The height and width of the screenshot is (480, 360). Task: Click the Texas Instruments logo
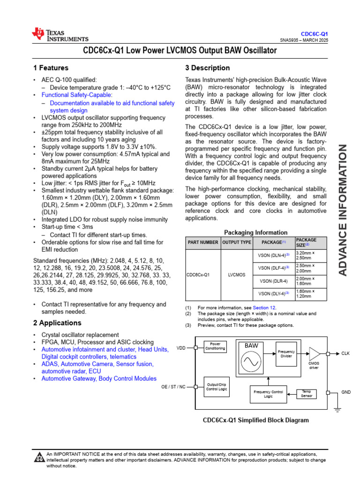pos(60,35)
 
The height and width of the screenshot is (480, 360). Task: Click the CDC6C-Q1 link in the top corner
pos(315,34)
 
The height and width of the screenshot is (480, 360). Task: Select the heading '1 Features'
pos(51,67)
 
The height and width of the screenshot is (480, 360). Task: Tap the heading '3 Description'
pos(207,67)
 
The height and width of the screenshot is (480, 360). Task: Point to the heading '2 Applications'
pos(57,323)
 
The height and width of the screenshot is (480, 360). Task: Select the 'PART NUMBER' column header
pos(203,243)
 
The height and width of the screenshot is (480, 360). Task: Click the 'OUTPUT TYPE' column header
pos(236,243)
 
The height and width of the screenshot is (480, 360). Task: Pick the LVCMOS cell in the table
pos(236,275)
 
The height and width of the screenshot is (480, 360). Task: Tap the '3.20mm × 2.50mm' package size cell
pos(306,255)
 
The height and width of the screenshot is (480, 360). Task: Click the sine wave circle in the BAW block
pos(251,361)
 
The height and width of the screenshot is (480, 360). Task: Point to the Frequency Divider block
pos(286,353)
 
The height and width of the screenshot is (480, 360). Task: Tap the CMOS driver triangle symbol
pos(314,353)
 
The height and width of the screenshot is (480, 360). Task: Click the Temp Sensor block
pos(306,393)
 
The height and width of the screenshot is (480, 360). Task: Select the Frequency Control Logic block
pos(268,394)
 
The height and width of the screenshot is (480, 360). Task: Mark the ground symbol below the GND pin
pos(337,409)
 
